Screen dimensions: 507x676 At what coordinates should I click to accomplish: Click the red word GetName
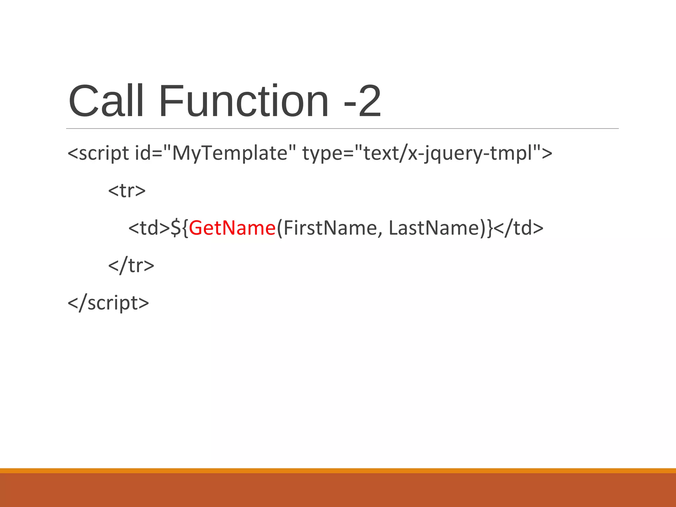click(232, 228)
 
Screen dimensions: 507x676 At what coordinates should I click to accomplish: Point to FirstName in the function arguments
click(329, 228)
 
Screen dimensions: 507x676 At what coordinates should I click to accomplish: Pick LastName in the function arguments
click(434, 228)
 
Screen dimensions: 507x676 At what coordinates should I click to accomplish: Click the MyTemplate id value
click(230, 153)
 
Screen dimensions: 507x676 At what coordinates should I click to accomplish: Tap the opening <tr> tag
click(127, 190)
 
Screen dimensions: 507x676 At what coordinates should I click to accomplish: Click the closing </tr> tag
click(131, 265)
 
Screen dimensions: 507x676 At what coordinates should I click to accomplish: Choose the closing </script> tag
click(108, 303)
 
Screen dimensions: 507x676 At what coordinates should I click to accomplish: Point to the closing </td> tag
click(519, 228)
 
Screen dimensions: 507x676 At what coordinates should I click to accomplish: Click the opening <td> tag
click(149, 228)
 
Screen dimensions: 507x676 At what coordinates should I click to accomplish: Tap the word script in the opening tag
click(104, 153)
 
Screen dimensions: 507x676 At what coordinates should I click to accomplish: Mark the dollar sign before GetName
click(175, 228)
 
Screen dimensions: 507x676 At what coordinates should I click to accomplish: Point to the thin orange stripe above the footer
click(338, 470)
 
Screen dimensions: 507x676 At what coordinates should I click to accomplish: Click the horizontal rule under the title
click(342, 128)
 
